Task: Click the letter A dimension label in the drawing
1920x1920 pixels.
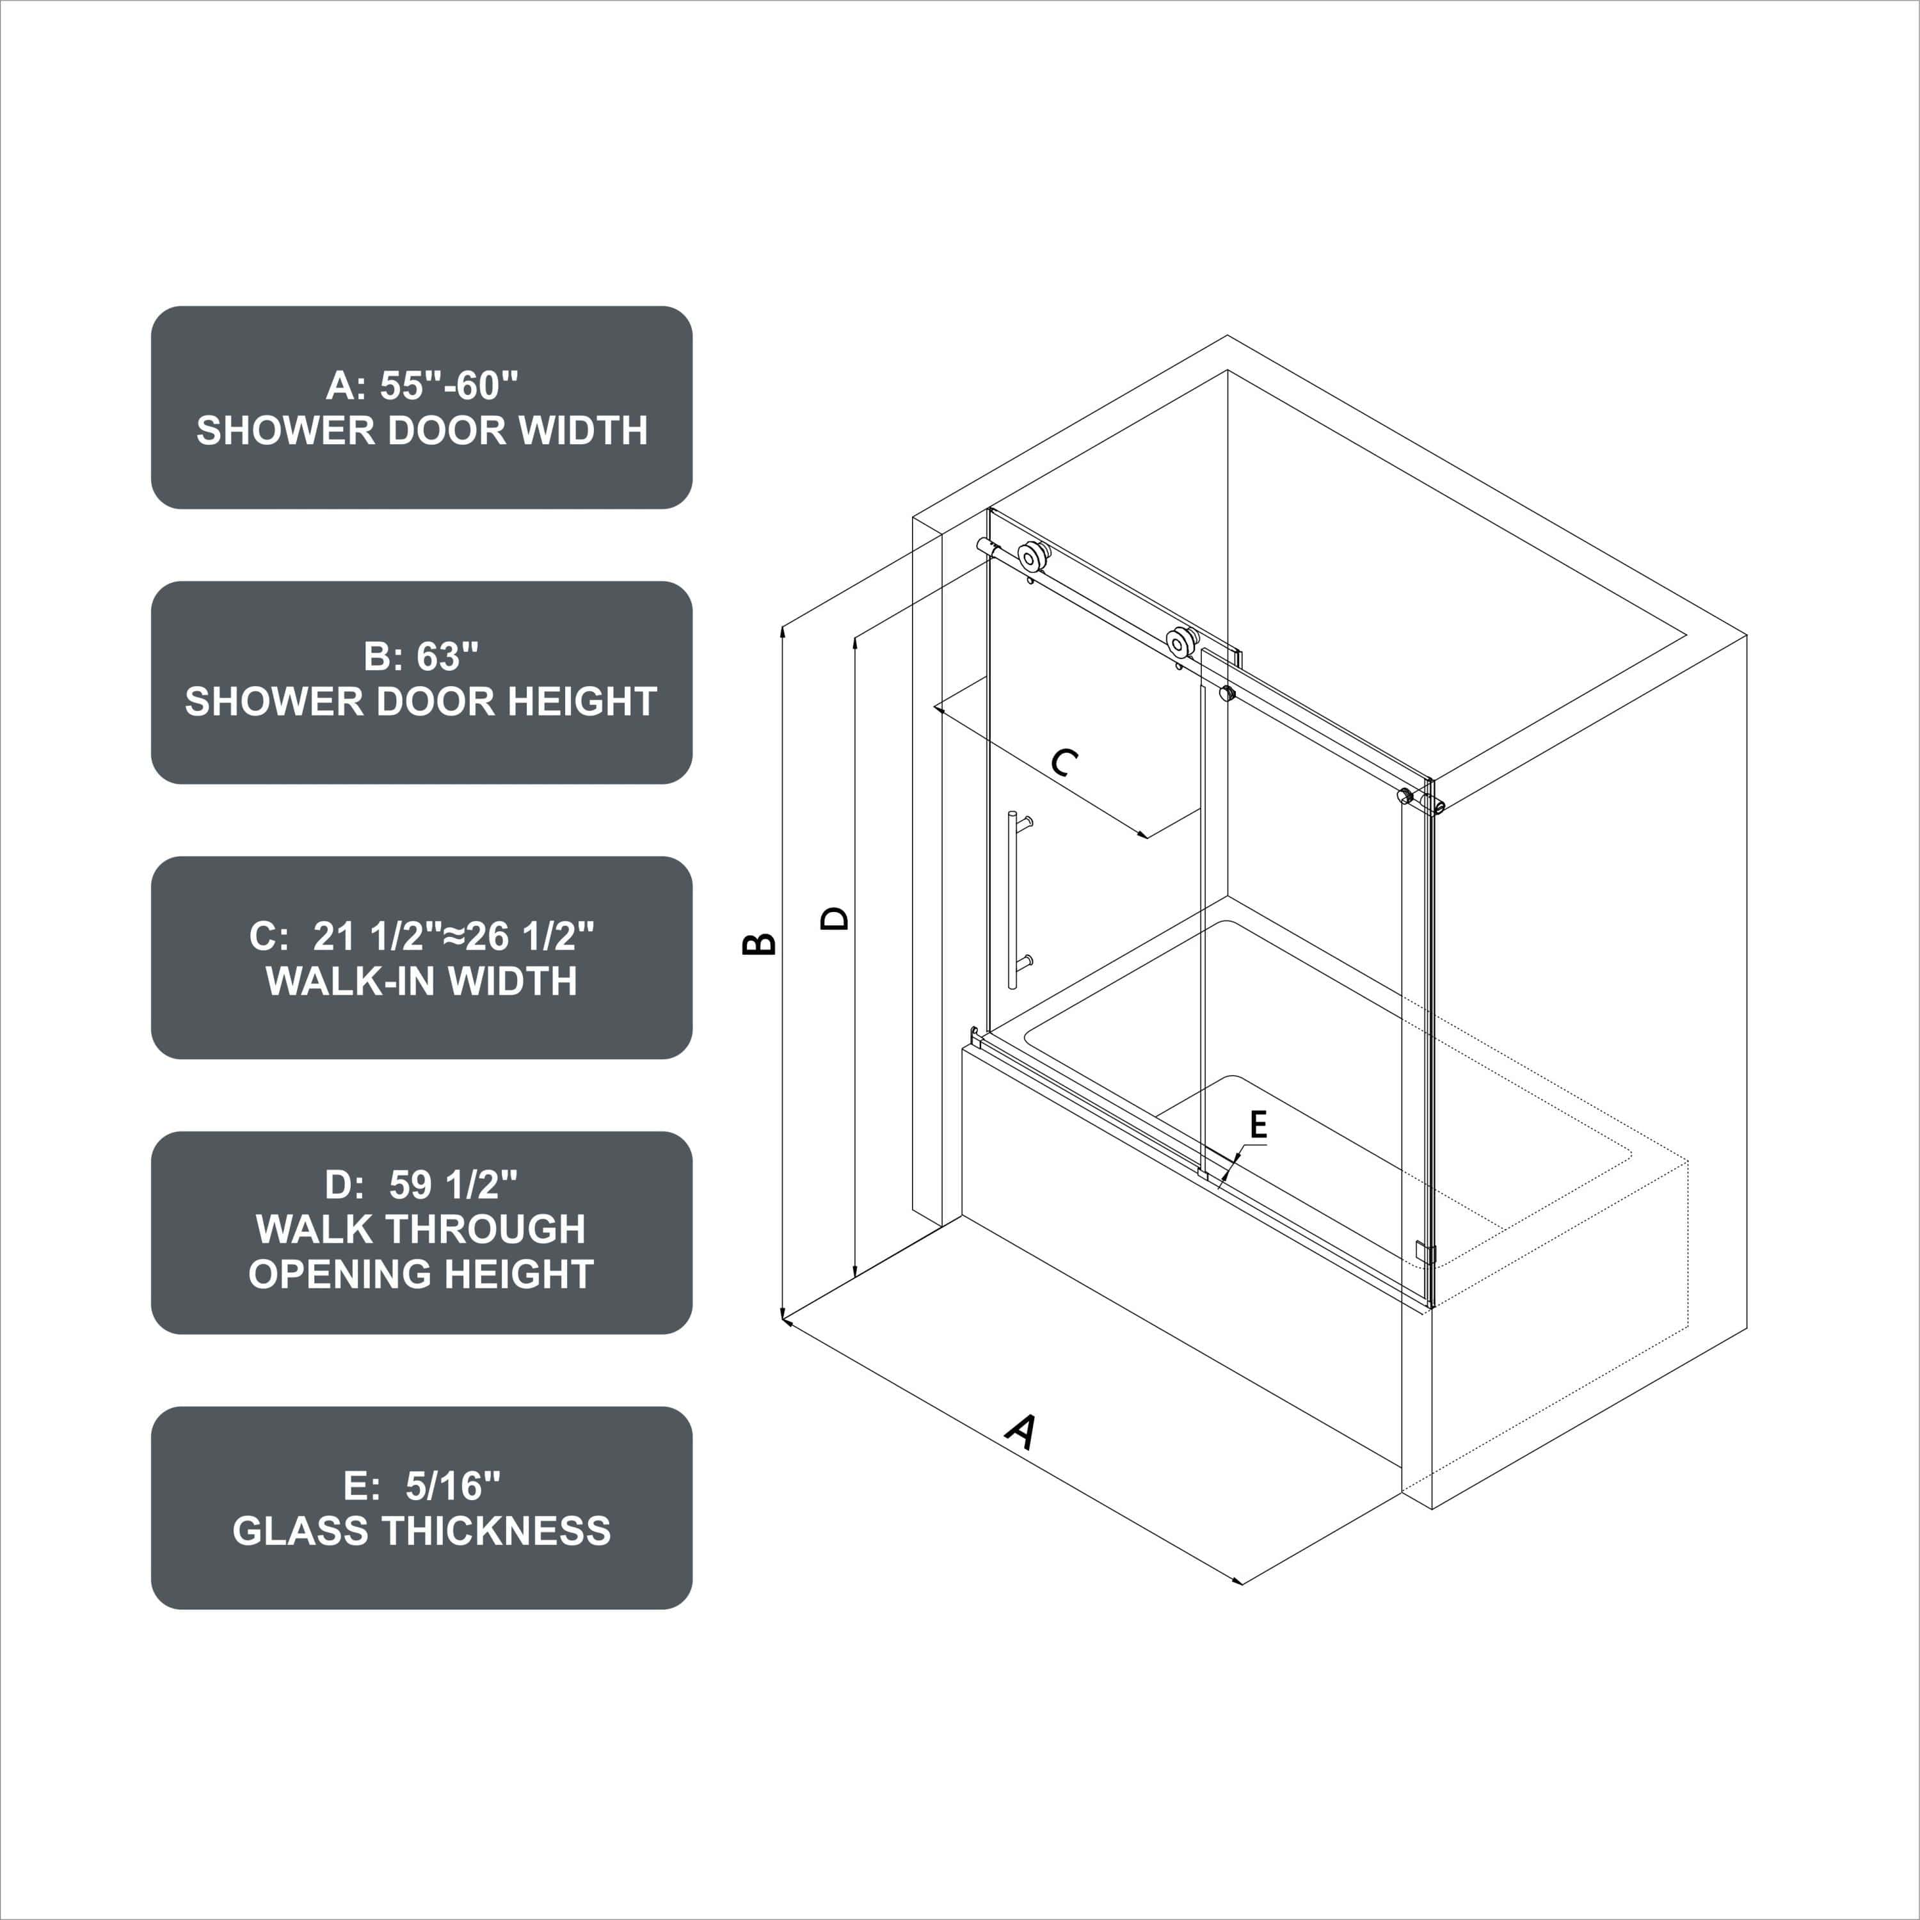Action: [1021, 1431]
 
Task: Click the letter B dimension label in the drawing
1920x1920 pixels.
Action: [759, 943]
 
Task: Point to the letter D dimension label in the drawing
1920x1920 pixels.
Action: [835, 917]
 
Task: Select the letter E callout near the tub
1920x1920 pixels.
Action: [1258, 1125]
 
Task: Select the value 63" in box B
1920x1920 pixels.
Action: [447, 657]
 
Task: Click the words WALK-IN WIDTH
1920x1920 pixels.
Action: [421, 982]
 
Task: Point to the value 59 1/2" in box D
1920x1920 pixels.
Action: [453, 1185]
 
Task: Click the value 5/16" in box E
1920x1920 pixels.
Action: [453, 1487]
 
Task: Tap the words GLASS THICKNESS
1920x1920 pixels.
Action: [421, 1532]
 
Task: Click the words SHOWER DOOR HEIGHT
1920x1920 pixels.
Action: [421, 701]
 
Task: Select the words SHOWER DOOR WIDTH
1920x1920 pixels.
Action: [421, 430]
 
